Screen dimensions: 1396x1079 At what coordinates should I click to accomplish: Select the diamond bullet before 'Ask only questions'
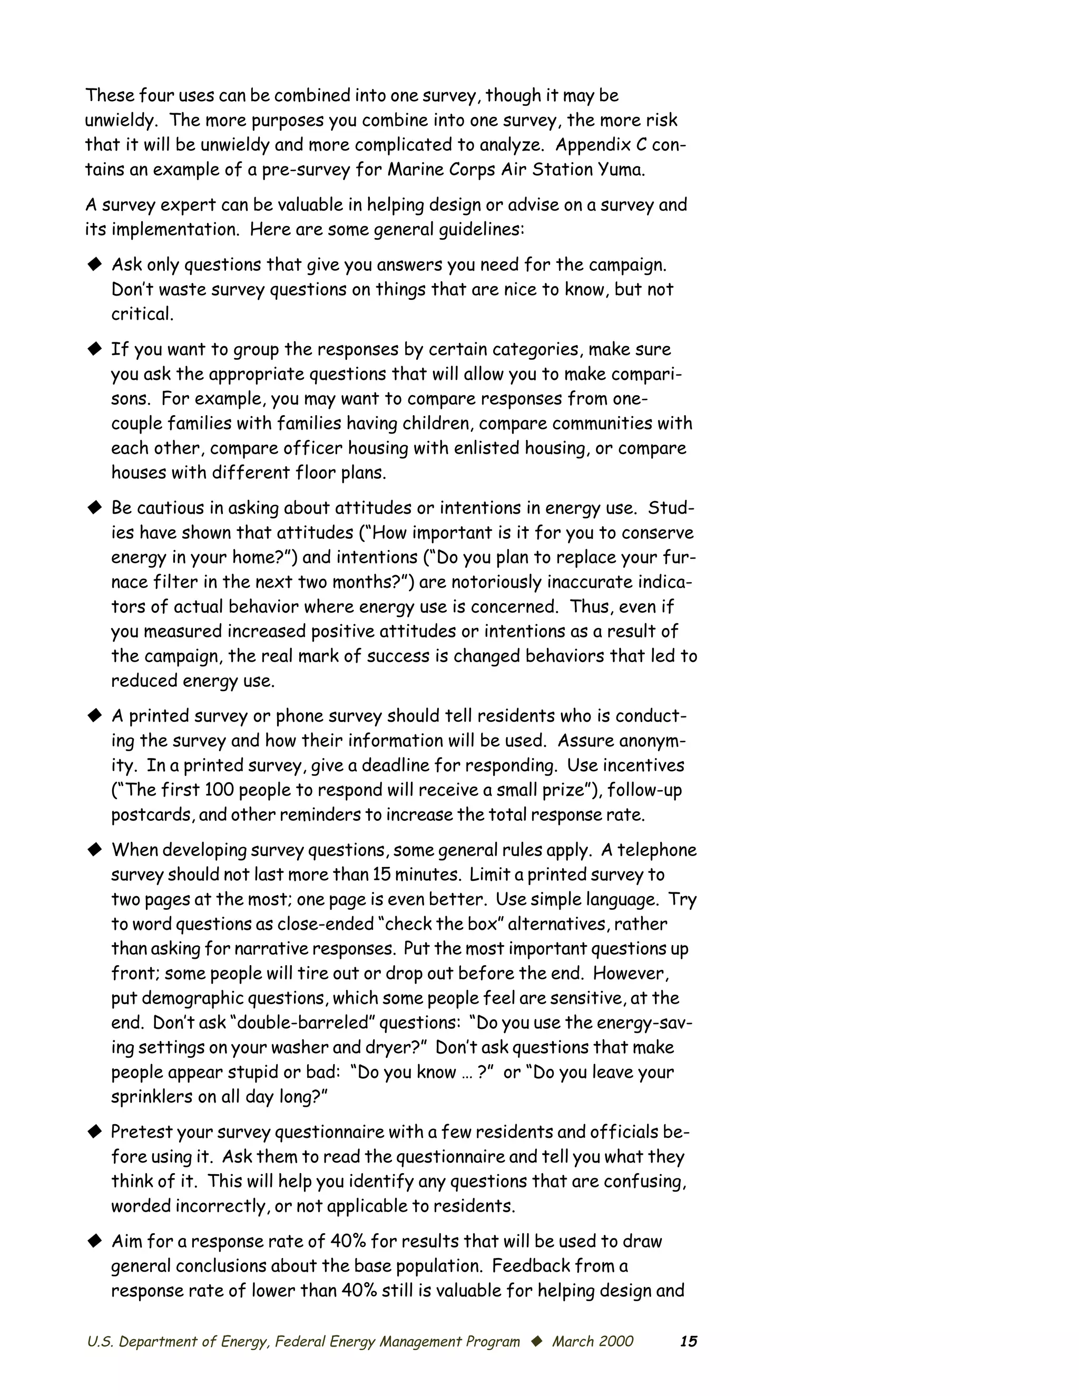[95, 264]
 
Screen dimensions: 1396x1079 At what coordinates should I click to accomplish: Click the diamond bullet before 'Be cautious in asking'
[95, 507]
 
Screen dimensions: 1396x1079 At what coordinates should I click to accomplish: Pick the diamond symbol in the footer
[536, 1340]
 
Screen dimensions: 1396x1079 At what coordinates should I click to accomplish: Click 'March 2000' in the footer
[593, 1341]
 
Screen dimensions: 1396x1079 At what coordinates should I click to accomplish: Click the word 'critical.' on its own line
[142, 314]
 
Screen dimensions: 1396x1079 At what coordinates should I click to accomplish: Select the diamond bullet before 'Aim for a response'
[95, 1241]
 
